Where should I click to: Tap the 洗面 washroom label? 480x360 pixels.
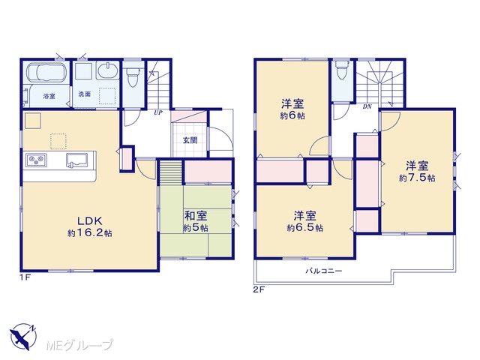(85, 94)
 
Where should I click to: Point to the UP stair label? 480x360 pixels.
(158, 112)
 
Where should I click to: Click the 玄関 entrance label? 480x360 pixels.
(190, 140)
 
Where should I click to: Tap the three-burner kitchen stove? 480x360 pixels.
(37, 160)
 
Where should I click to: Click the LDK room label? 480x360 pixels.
(89, 220)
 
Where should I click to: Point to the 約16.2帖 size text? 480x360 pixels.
(90, 233)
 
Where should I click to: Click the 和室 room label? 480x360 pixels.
(196, 216)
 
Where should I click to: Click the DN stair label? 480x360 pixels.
(367, 106)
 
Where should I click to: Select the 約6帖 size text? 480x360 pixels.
(292, 116)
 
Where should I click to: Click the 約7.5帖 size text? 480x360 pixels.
(417, 178)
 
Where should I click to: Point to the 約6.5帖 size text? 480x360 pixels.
(305, 228)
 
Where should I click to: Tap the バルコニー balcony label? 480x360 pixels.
(323, 271)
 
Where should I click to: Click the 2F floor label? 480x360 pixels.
(258, 289)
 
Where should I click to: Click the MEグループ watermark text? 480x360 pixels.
(79, 345)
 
